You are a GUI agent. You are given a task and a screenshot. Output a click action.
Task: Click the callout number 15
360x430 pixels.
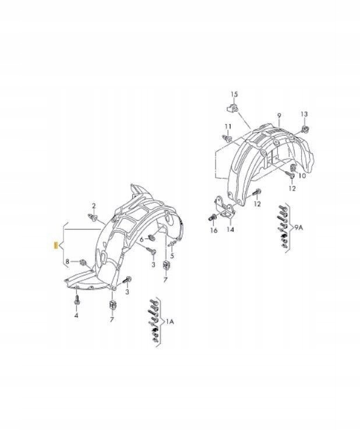(x=234, y=94)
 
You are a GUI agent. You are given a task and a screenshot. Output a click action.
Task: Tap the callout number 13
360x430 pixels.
(x=303, y=113)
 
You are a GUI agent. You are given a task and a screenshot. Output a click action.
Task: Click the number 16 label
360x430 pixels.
(x=213, y=231)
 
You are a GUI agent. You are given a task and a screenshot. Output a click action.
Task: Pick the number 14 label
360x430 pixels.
(x=230, y=230)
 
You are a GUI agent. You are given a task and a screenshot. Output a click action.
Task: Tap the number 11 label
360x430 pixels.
(x=228, y=126)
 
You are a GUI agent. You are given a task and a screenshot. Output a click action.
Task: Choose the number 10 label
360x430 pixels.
(x=302, y=176)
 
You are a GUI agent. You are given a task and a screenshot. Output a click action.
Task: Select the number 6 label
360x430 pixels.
(x=141, y=238)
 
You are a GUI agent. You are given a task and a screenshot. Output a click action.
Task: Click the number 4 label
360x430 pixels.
(x=76, y=316)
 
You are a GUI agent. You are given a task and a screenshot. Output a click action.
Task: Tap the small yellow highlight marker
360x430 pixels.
(x=55, y=245)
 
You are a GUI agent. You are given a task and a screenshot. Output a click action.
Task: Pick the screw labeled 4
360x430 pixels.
(x=77, y=302)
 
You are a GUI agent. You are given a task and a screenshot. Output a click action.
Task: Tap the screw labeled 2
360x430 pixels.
(x=93, y=217)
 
